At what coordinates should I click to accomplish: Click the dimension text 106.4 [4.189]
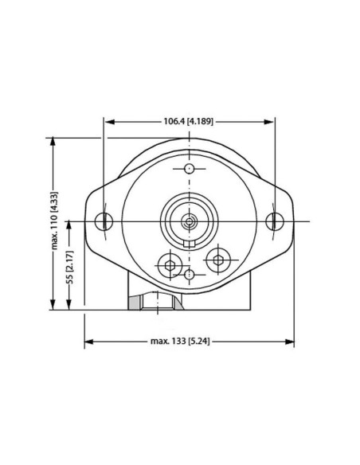tap(188, 122)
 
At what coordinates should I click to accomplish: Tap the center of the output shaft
tap(189, 221)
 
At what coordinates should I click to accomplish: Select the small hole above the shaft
tap(189, 169)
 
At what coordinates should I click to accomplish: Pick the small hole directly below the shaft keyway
tap(189, 274)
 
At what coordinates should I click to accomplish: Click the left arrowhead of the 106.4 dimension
tap(108, 122)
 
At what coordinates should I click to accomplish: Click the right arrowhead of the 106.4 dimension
tap(270, 122)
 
